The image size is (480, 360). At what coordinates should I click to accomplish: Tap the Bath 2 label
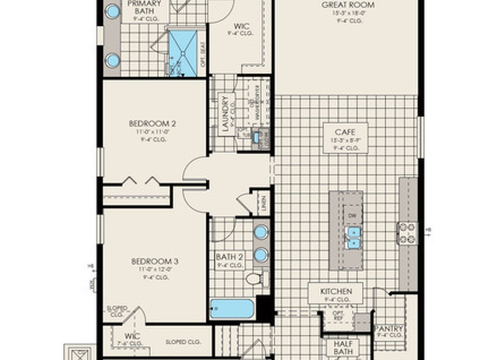point(230,261)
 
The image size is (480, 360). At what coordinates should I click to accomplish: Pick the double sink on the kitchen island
point(352,237)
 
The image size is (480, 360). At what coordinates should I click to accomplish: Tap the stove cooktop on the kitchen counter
point(407,233)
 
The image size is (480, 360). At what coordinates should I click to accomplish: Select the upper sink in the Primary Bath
point(112,12)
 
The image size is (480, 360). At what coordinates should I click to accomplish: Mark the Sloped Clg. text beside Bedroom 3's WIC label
point(183,342)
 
